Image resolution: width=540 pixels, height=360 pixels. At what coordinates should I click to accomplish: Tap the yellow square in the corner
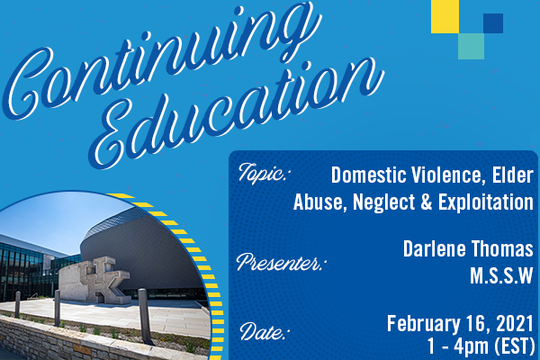coord(445,16)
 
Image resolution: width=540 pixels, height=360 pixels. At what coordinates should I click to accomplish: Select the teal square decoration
coord(471,46)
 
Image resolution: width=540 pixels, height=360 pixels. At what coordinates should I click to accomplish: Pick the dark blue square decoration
coord(493,23)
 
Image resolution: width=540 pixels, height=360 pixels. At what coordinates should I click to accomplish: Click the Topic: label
coord(263,174)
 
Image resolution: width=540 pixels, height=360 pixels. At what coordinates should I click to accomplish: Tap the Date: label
coord(264,332)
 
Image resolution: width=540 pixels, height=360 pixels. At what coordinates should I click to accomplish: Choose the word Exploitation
coord(486,202)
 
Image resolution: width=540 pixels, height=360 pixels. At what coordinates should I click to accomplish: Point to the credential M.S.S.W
coord(501,275)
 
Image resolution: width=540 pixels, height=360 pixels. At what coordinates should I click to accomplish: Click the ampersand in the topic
coord(427,202)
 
